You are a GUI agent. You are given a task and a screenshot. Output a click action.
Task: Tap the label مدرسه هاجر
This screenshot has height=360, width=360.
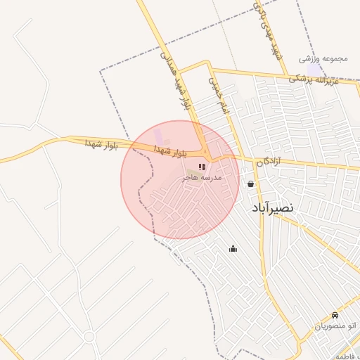click(202, 178)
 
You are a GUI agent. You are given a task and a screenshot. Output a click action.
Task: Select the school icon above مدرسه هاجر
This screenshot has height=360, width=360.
click(202, 167)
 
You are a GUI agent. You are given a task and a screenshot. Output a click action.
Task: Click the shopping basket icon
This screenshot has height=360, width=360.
click(251, 184)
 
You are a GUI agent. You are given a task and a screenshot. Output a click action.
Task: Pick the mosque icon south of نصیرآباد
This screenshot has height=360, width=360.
click(233, 248)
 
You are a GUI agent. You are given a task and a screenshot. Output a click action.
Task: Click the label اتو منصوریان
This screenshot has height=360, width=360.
click(335, 326)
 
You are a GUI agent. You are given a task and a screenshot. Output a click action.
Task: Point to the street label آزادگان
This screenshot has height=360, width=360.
click(268, 161)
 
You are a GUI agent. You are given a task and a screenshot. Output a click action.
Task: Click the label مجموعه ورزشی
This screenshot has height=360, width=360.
click(323, 58)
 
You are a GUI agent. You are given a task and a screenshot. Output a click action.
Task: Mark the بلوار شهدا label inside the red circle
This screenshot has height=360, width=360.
click(169, 150)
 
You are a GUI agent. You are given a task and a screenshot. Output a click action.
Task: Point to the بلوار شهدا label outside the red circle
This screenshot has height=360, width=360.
click(99, 143)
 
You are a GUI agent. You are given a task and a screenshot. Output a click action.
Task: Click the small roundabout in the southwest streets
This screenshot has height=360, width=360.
click(89, 337)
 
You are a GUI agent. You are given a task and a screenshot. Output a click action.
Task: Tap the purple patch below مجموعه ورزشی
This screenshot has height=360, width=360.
click(321, 70)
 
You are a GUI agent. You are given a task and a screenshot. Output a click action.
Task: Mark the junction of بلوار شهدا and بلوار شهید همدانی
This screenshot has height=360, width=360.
click(206, 154)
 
